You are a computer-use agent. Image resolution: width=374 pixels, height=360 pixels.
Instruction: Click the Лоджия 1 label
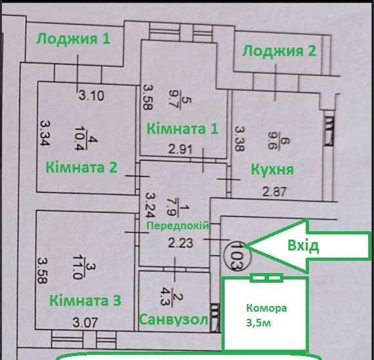(x=73, y=39)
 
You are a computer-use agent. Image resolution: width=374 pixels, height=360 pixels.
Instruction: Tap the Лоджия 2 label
(x=279, y=51)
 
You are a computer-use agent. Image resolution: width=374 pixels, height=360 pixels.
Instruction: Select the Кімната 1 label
(x=182, y=129)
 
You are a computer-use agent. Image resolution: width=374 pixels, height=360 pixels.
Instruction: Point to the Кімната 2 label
(x=82, y=167)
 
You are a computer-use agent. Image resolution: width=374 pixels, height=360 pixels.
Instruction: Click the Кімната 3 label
(x=86, y=301)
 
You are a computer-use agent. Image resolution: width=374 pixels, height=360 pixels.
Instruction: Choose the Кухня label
(x=272, y=170)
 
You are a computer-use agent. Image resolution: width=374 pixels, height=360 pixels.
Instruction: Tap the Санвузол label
(x=174, y=319)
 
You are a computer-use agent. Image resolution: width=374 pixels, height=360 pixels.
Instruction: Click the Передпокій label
(x=178, y=225)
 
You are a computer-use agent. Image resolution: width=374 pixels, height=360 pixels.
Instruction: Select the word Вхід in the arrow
(x=303, y=246)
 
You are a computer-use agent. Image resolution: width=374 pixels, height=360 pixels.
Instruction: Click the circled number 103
(x=238, y=256)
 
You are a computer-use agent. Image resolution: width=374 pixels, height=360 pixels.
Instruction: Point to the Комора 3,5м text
(x=266, y=316)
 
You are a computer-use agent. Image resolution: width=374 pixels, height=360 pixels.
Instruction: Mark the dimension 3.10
(x=91, y=96)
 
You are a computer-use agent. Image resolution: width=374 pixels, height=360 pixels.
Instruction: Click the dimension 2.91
(x=180, y=150)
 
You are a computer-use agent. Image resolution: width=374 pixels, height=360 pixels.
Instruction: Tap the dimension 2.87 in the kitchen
(x=274, y=192)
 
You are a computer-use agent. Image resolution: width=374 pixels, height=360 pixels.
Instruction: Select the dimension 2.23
(x=180, y=243)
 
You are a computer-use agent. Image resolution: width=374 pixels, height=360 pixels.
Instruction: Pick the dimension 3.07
(x=85, y=323)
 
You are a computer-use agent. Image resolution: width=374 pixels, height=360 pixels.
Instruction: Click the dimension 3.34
(x=44, y=133)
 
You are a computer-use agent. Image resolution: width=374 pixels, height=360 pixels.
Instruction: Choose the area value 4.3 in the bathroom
(x=166, y=298)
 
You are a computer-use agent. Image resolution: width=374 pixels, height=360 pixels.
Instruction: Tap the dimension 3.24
(x=151, y=205)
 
